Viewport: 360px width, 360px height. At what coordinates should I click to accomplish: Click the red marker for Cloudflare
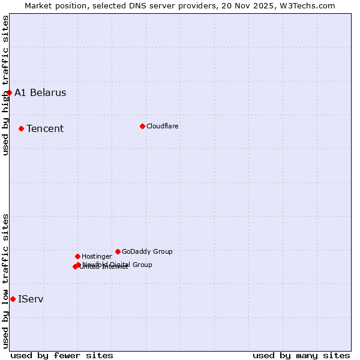142,126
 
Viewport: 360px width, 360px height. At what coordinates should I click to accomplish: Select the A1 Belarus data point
9,92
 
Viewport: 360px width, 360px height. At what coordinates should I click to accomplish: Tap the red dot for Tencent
21,128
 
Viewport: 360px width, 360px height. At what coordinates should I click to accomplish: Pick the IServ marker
13,299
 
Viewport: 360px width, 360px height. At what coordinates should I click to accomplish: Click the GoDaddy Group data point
118,251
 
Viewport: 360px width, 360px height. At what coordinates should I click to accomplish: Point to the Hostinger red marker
77,256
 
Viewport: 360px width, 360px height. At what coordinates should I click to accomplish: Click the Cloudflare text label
163,126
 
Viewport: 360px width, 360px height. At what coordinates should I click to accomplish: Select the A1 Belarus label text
40,92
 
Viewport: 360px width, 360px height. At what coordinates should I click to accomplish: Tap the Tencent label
45,128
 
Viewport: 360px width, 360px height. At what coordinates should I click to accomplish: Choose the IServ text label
31,299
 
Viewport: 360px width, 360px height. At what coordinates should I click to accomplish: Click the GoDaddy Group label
147,251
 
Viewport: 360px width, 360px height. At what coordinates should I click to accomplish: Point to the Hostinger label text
97,256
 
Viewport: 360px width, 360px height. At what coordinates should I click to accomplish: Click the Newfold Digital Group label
118,264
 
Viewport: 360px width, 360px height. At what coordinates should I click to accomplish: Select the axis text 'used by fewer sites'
62,355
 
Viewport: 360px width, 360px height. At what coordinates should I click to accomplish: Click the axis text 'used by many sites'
301,355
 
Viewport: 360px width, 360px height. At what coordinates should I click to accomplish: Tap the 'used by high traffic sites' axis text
5,85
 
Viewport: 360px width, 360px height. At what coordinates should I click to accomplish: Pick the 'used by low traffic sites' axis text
5,280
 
